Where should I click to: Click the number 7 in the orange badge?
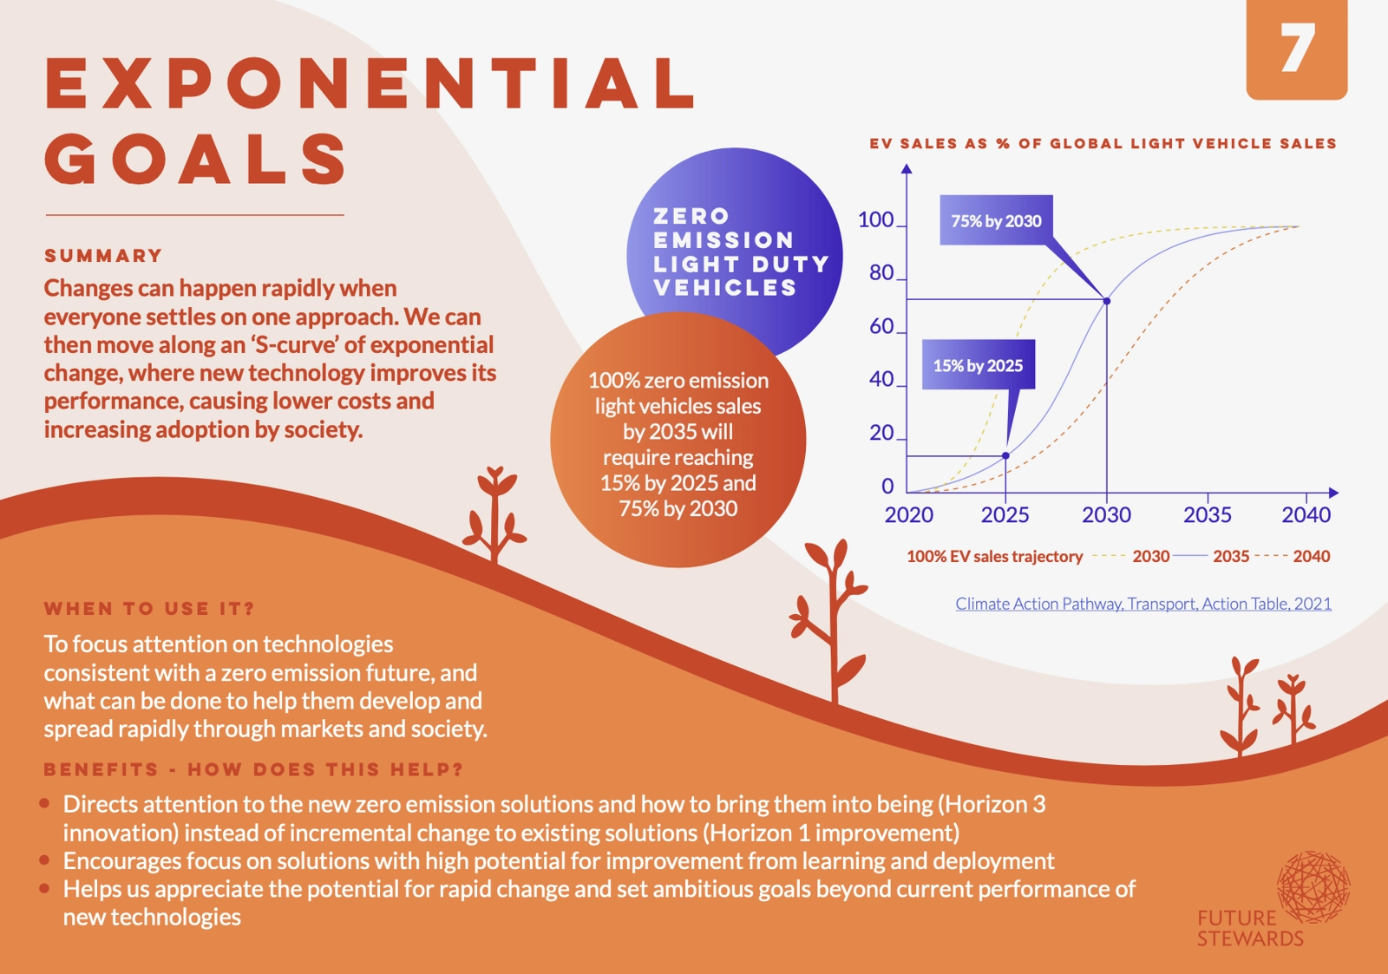click(x=1297, y=49)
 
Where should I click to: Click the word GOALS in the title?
click(x=196, y=159)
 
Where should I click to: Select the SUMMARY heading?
click(x=103, y=256)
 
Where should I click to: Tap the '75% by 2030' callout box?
click(x=996, y=220)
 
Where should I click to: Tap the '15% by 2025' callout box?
click(x=978, y=365)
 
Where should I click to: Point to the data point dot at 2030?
click(x=1107, y=301)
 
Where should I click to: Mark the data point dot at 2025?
click(x=1005, y=455)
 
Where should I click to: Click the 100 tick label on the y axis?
click(x=875, y=220)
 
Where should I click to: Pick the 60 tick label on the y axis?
click(x=881, y=326)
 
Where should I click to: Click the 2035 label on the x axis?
click(x=1207, y=515)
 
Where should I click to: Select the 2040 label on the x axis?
click(x=1306, y=515)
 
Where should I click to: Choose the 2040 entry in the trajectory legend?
click(x=1311, y=557)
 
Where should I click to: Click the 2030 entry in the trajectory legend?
click(x=1150, y=557)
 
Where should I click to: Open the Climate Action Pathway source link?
click(x=1143, y=604)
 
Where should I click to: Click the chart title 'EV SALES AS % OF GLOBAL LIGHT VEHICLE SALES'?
click(x=1103, y=144)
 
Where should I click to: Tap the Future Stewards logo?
click(x=1274, y=899)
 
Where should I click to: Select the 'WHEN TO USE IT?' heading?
click(x=149, y=609)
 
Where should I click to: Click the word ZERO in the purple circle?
click(x=691, y=216)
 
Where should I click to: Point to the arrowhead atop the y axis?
click(x=907, y=168)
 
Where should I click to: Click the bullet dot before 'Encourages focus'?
click(x=44, y=860)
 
